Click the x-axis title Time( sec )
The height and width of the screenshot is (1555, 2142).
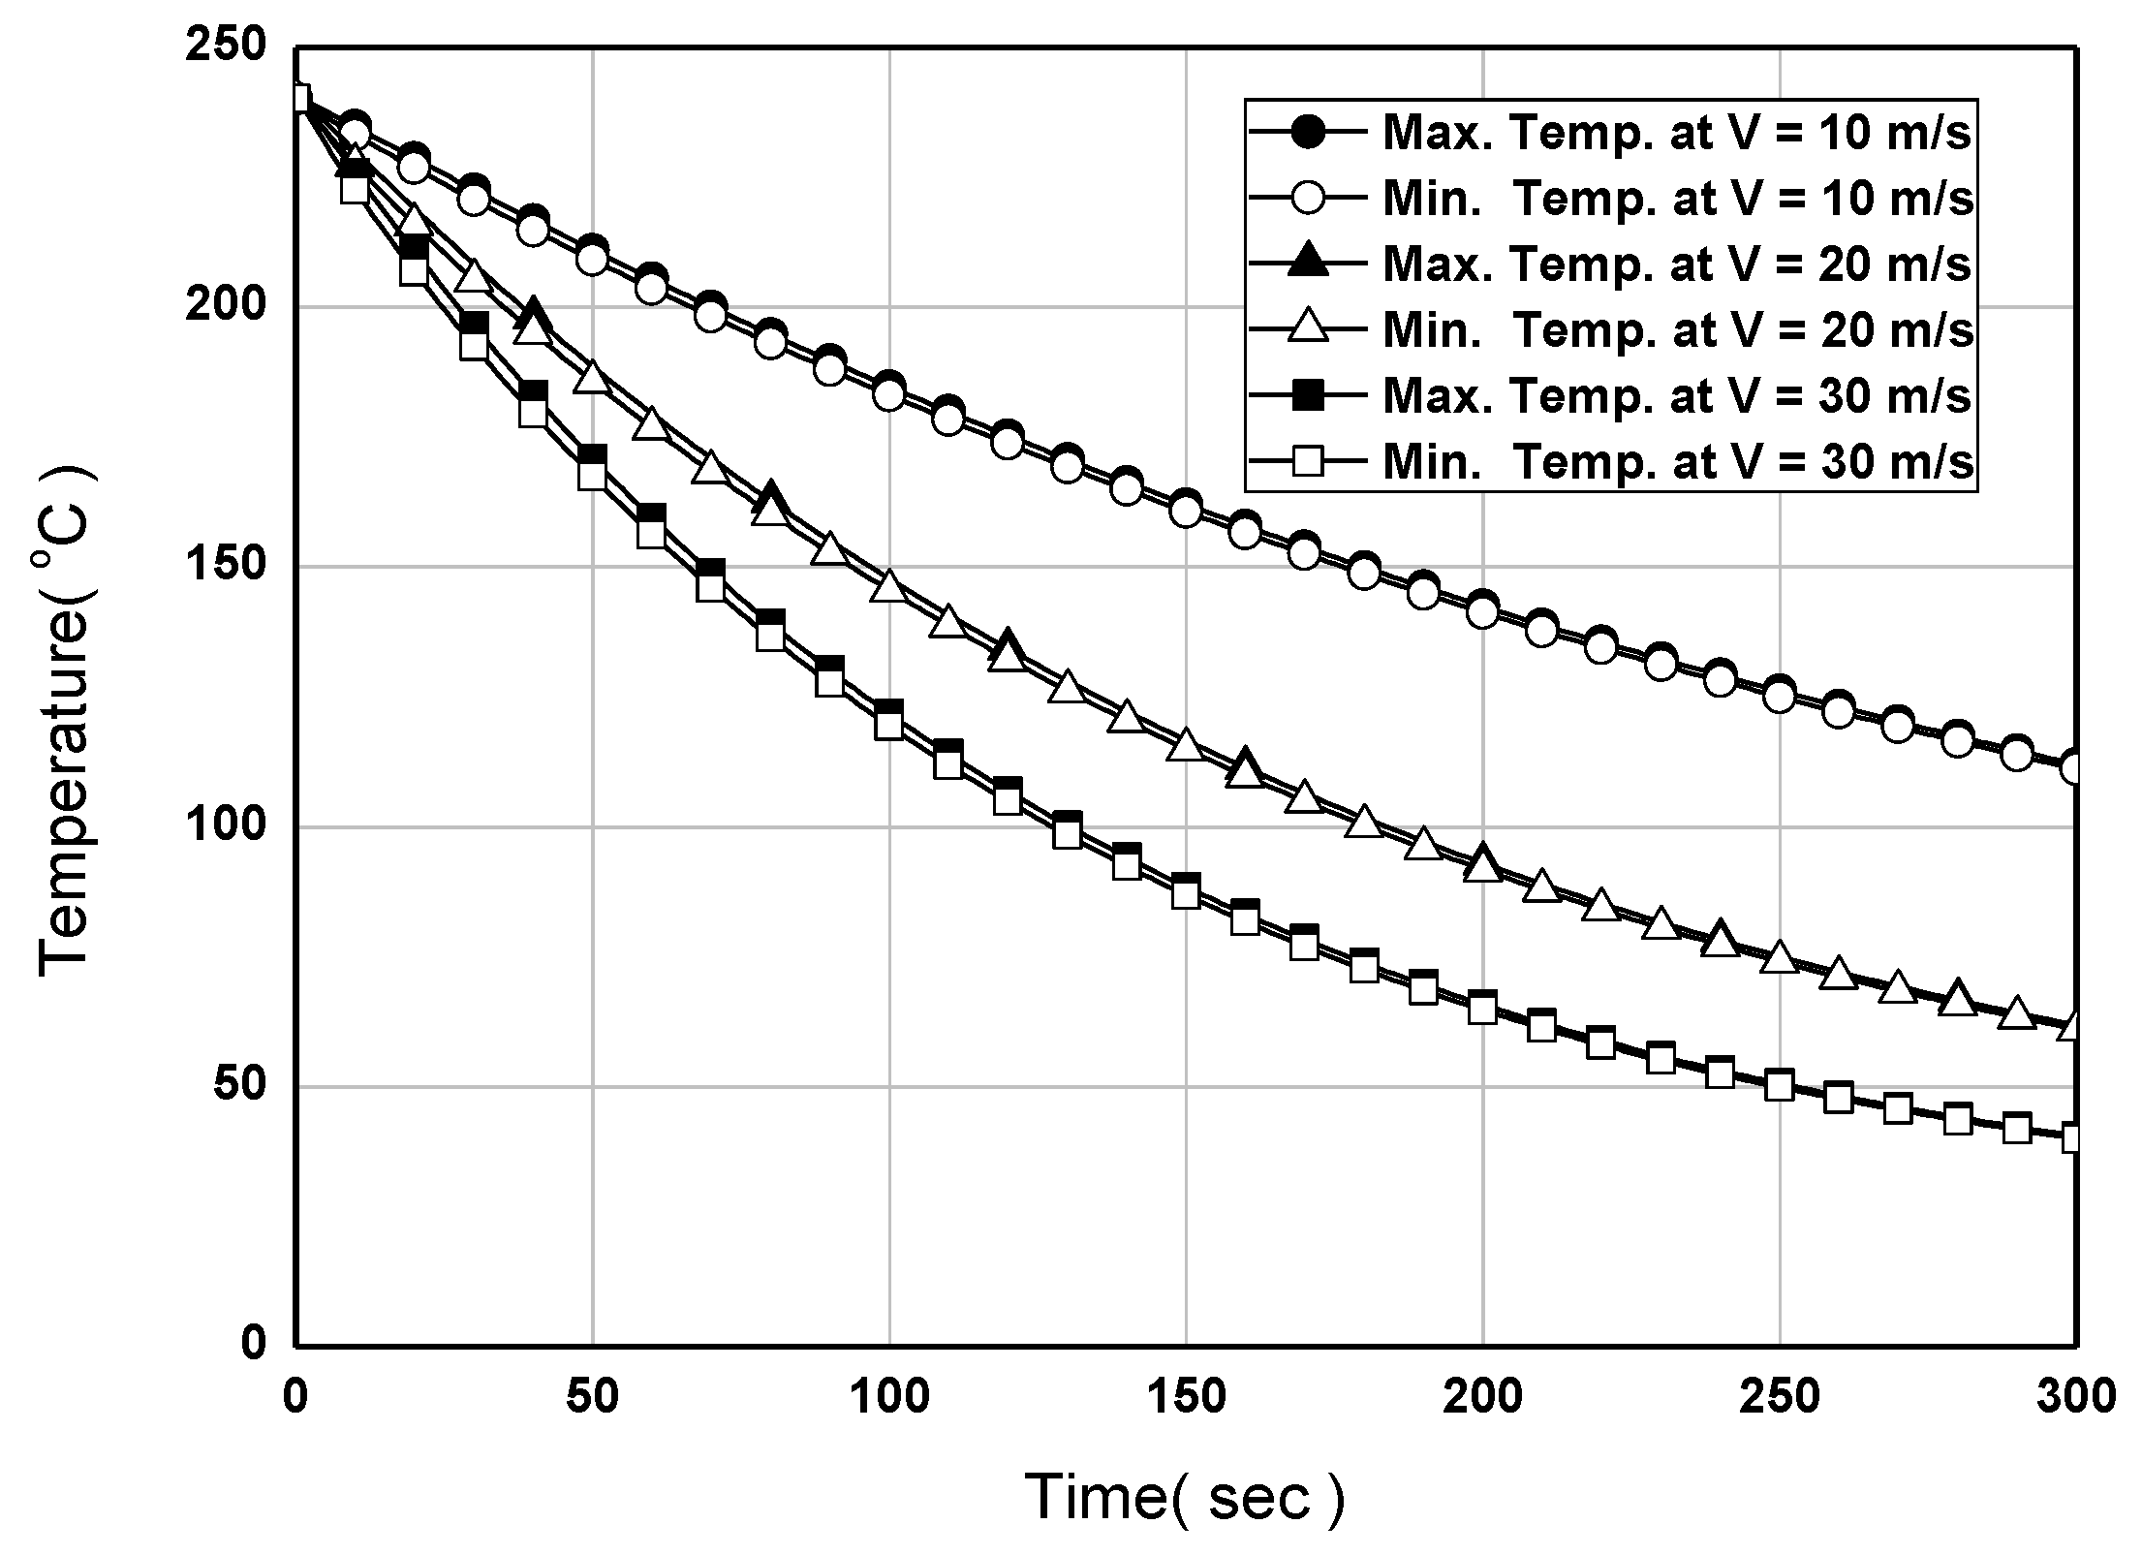(x=1185, y=1497)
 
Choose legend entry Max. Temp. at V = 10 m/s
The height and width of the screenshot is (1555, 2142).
(x=1676, y=133)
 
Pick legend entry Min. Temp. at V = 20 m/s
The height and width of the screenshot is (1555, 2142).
(x=1676, y=330)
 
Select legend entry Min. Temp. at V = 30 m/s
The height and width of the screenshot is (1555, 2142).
(x=1676, y=462)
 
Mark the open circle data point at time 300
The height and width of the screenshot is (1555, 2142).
(x=2074, y=768)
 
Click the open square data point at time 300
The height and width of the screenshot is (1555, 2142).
(x=2074, y=1138)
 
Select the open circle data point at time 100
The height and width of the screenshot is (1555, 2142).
(x=889, y=394)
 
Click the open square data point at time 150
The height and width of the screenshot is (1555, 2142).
(x=1186, y=893)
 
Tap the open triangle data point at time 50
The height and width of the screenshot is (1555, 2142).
(x=592, y=379)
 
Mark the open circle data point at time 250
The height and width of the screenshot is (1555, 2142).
(x=1779, y=696)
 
